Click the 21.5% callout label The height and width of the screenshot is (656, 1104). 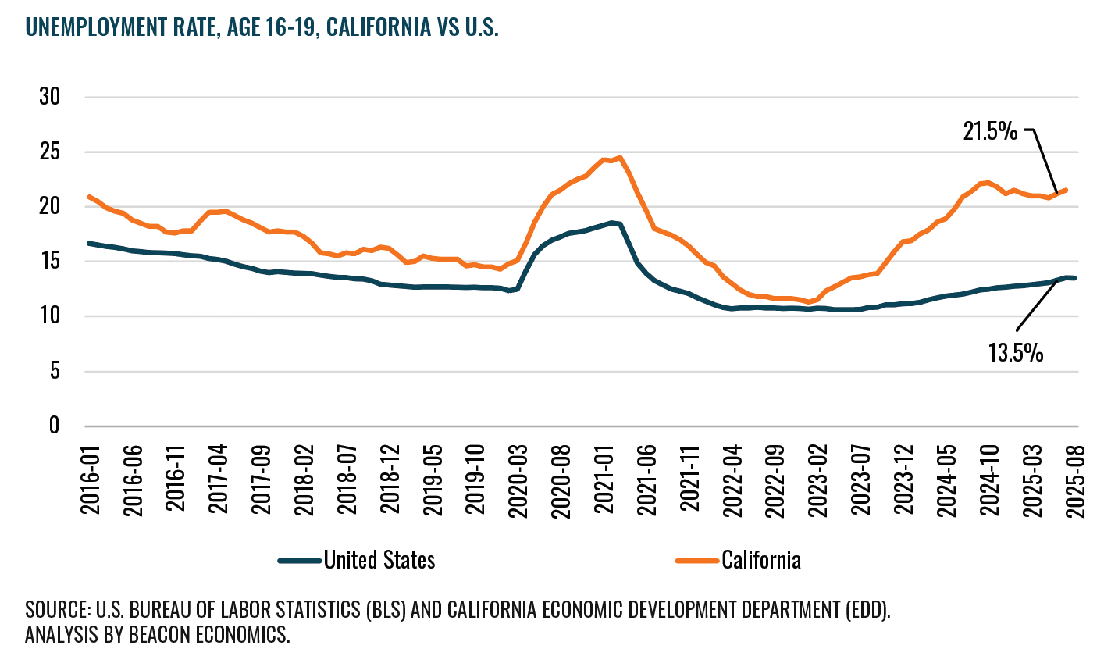point(990,131)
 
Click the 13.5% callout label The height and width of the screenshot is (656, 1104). point(1016,354)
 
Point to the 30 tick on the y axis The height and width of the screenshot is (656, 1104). point(51,98)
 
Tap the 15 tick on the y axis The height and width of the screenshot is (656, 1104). point(51,262)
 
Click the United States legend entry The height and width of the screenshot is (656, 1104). point(379,560)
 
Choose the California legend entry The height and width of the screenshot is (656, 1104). point(760,560)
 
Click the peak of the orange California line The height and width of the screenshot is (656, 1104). point(619,158)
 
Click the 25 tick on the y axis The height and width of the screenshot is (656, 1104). point(51,152)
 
